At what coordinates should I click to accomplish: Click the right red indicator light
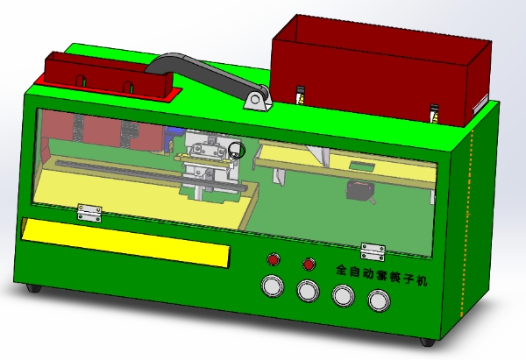coord(309,263)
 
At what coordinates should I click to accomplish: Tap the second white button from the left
coord(308,291)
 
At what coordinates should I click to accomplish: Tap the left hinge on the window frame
coord(89,212)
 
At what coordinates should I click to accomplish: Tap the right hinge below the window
coord(373,251)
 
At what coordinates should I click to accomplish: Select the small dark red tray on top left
coord(105,74)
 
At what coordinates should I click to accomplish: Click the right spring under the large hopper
coord(433,113)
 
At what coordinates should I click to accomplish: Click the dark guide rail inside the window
coord(114,168)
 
